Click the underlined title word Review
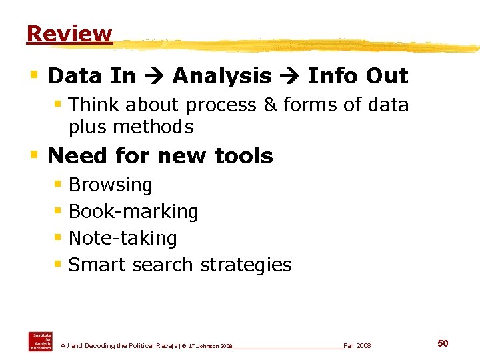click(x=69, y=33)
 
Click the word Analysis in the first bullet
click(x=222, y=76)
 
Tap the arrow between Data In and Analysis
click(x=153, y=77)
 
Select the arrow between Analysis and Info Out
click(x=289, y=77)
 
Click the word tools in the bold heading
click(x=244, y=156)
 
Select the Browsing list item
click(x=111, y=185)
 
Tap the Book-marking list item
click(x=133, y=212)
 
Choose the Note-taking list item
click(x=123, y=238)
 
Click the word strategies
click(x=246, y=265)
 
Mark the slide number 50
click(x=443, y=343)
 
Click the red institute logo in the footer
click(x=40, y=341)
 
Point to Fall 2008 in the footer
click(x=357, y=346)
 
